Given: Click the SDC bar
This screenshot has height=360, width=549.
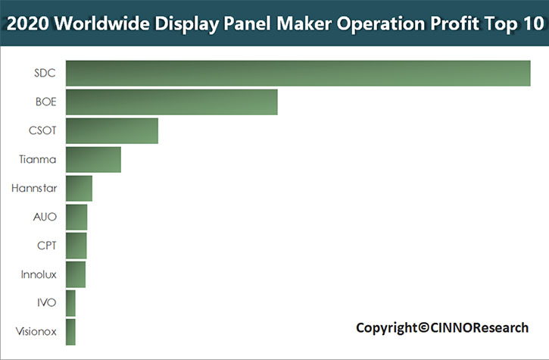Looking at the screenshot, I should [x=298, y=74].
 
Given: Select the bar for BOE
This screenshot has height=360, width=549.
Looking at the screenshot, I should [x=172, y=102].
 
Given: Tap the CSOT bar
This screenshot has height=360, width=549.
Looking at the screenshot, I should [x=112, y=131].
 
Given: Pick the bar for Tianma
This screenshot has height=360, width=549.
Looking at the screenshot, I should [x=94, y=160].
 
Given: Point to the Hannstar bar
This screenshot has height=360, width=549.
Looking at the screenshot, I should [x=80, y=189].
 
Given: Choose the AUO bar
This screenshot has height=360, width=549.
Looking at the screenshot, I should [x=76, y=218].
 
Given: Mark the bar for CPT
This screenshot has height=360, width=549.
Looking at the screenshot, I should [x=76, y=246].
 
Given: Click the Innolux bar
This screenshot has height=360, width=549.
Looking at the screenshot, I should [x=76, y=274].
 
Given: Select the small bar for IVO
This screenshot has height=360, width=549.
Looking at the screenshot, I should [x=71, y=303].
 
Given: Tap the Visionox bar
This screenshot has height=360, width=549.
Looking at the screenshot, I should [x=71, y=331].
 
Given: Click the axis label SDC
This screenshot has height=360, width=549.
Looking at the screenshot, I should [x=45, y=74].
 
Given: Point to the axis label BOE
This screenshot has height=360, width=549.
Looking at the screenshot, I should [x=45, y=102].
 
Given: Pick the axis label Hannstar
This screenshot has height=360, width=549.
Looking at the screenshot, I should [x=35, y=189].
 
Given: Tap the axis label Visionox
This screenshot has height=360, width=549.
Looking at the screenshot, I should [x=36, y=331].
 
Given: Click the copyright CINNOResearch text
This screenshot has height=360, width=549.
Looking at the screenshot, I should [x=442, y=327].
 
